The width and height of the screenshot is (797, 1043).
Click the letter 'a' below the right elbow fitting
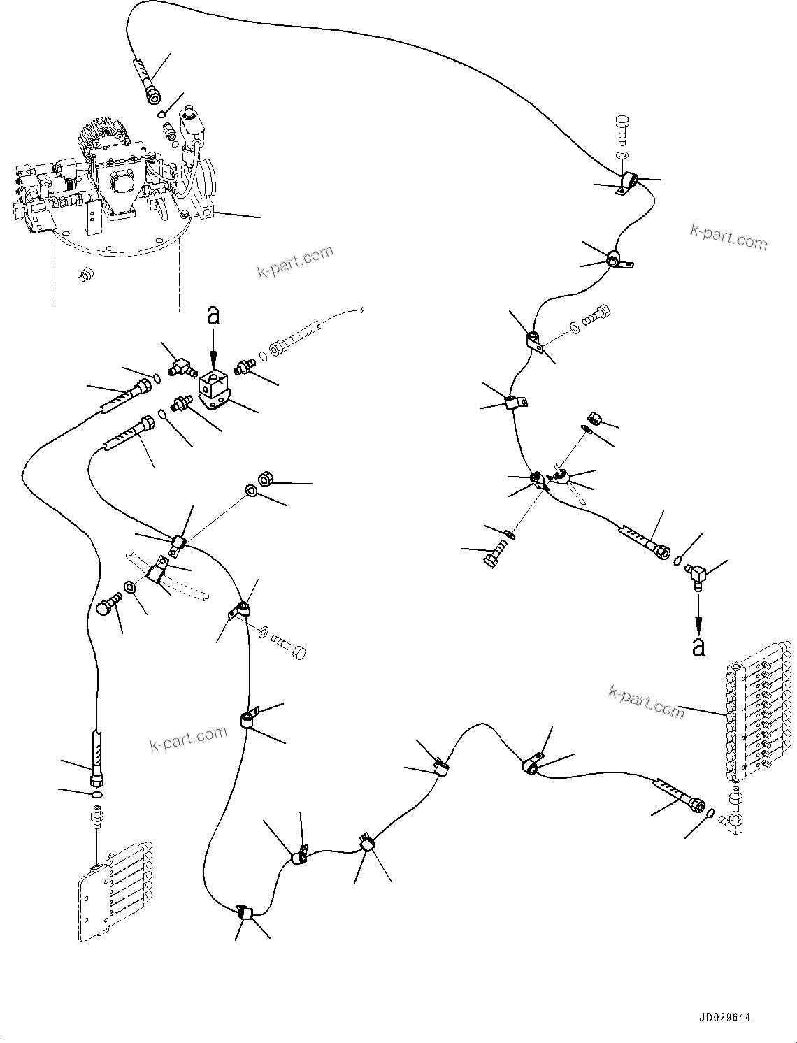pyautogui.click(x=698, y=647)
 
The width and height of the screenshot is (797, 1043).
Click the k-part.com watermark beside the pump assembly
pyautogui.click(x=295, y=261)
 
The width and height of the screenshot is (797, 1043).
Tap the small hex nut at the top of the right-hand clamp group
pyautogui.click(x=595, y=418)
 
